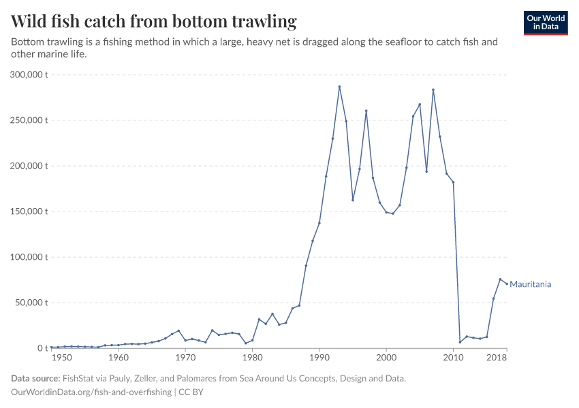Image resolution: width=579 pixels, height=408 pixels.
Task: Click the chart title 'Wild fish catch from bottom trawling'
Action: [x=154, y=22]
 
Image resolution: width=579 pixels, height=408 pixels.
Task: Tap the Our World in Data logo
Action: [x=545, y=22]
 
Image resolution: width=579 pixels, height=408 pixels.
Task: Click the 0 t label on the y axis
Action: [x=41, y=348]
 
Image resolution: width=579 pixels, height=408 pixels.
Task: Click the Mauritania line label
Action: [x=530, y=284]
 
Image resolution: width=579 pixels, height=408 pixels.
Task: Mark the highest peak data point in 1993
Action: [x=339, y=86]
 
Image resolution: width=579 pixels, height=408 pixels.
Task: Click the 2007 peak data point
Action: [x=433, y=90]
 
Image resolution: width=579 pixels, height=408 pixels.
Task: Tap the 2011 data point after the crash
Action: [x=460, y=342]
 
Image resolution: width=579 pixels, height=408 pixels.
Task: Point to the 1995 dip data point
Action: [x=353, y=200]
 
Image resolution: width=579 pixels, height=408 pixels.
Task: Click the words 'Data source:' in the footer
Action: [x=35, y=379]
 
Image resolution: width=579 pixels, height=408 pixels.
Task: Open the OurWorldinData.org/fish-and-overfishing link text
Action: [x=91, y=392]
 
